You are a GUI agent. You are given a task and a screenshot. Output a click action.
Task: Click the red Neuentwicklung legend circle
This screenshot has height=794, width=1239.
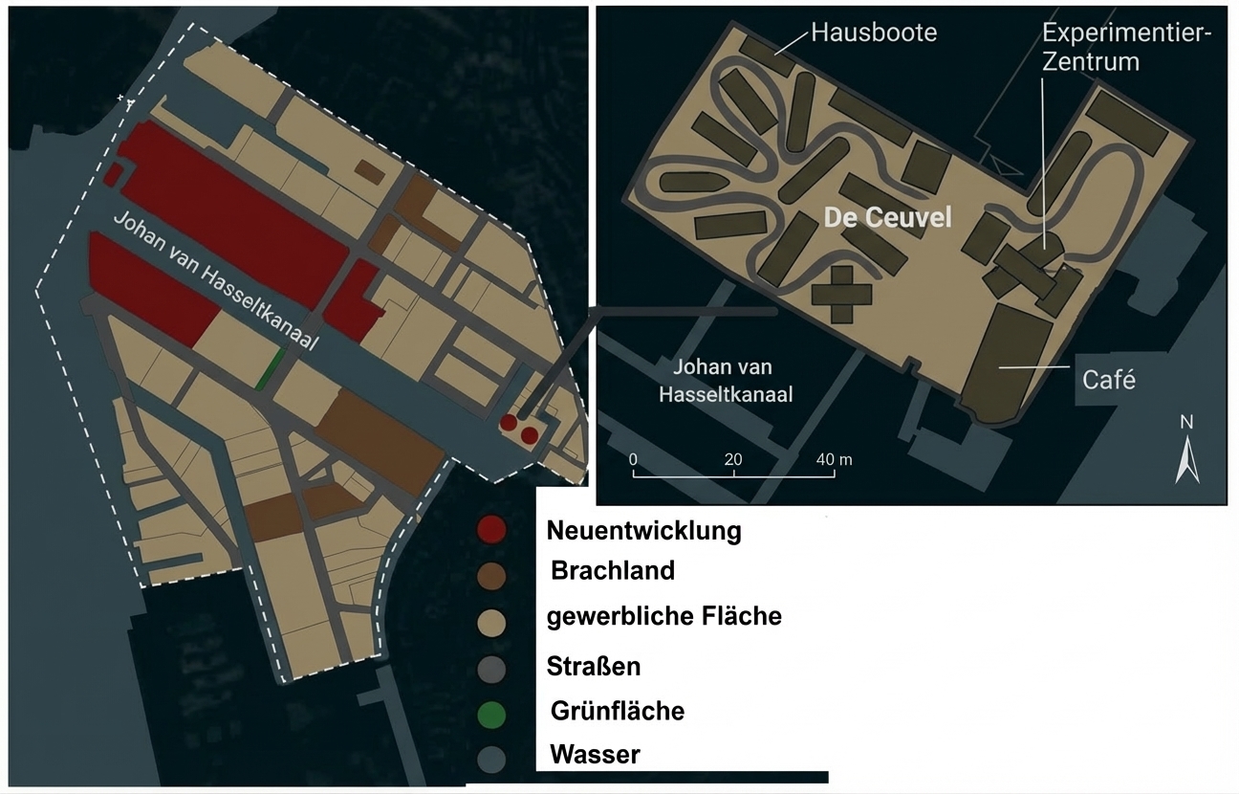(491, 530)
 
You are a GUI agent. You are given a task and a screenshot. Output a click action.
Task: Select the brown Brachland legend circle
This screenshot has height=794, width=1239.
(491, 574)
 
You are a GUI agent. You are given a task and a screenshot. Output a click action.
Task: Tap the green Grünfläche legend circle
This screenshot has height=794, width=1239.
(491, 713)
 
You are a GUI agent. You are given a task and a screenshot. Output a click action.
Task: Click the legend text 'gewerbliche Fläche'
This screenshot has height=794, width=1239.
(663, 617)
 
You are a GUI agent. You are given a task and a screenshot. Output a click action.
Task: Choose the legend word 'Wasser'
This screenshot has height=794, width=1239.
(594, 755)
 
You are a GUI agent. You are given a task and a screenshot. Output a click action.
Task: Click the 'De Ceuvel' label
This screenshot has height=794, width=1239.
(888, 218)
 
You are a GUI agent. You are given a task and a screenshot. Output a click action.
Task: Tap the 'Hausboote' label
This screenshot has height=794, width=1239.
(874, 33)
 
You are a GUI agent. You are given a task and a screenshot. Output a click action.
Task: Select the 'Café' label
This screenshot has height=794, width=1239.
(1109, 380)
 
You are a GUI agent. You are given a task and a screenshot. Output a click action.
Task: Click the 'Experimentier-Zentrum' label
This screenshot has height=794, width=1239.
(1125, 48)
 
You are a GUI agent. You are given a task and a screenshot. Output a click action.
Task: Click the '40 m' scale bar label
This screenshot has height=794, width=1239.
(833, 459)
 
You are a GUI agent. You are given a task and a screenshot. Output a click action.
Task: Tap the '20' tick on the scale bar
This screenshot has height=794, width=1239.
(733, 459)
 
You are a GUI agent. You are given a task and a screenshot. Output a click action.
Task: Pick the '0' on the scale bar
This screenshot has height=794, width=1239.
(633, 459)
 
